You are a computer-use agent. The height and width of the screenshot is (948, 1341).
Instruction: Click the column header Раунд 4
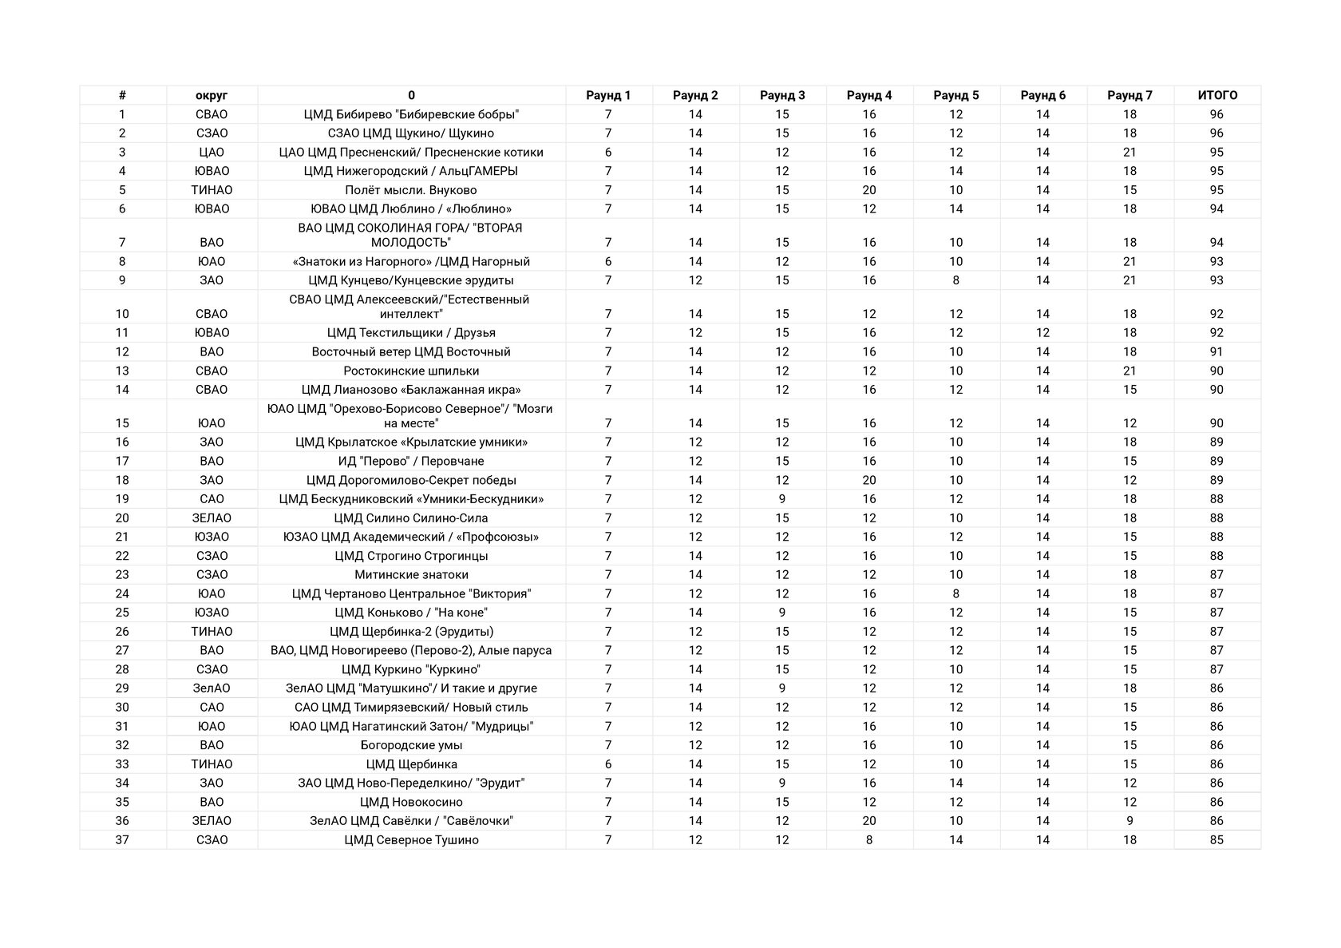[x=869, y=95]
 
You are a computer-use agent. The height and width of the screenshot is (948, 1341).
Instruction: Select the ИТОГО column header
[x=1217, y=95]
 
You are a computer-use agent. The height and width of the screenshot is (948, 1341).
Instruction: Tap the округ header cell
[x=212, y=95]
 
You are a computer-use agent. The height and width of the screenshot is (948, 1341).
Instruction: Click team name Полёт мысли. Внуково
[x=411, y=190]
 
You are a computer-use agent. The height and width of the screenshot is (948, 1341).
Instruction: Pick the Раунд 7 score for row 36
[x=1129, y=821]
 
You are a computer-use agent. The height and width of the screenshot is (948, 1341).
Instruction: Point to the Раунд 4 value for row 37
[x=869, y=840]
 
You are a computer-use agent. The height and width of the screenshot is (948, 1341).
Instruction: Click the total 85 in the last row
[x=1216, y=840]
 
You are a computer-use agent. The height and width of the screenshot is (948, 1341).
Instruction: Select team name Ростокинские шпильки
[x=411, y=371]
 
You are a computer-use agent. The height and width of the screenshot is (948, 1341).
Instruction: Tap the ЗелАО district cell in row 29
[x=212, y=688]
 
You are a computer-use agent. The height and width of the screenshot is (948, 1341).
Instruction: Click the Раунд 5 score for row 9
[x=956, y=280]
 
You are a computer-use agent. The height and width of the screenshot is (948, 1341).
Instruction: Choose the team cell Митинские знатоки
[x=411, y=575]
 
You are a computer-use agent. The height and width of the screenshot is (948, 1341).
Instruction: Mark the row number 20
[x=122, y=518]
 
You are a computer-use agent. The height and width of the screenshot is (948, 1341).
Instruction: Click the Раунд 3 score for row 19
[x=782, y=499]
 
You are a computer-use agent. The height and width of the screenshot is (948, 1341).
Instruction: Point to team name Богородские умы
[x=411, y=745]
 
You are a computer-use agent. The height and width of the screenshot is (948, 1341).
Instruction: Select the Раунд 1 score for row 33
[x=608, y=764]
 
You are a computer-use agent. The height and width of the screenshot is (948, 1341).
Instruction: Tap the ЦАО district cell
[x=212, y=153]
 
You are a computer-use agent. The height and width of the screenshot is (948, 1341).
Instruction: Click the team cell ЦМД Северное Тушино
[x=411, y=840]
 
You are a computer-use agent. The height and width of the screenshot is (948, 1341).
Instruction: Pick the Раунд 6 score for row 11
[x=1042, y=333]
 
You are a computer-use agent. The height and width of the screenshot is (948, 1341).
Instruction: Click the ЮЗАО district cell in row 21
[x=212, y=537]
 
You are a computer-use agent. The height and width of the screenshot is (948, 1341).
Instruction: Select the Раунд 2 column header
[x=695, y=95]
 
